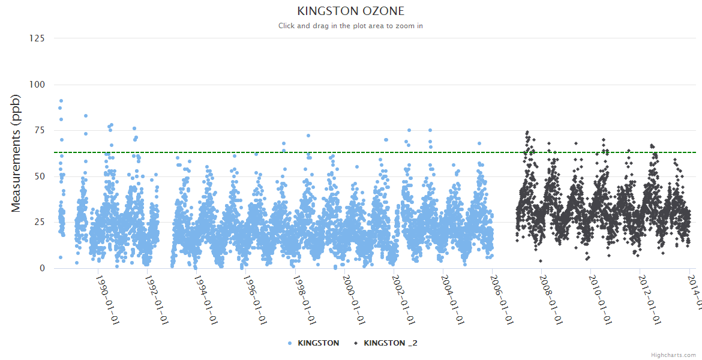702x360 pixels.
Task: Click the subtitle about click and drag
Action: coord(351,26)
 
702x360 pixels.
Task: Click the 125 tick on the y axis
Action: coord(37,38)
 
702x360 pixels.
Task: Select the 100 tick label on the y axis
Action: coord(37,85)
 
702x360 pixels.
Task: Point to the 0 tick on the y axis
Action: coord(42,268)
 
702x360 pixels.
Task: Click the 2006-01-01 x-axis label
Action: coord(502,299)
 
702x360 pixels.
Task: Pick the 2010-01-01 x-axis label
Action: coord(601,299)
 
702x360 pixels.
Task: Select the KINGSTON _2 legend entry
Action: coord(390,343)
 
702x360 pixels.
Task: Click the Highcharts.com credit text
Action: coord(673,355)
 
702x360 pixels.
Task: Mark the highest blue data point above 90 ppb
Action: coord(61,101)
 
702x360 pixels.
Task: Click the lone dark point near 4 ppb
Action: coord(541,261)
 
